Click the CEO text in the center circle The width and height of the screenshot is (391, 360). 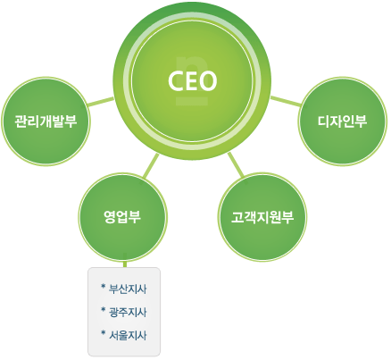[192, 80]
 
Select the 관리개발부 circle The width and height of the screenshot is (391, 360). [46, 121]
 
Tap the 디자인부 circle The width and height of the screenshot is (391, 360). [343, 121]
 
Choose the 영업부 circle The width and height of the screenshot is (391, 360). [122, 217]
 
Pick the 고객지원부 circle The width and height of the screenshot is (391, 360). [262, 217]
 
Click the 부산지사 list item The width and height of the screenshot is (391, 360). [128, 289]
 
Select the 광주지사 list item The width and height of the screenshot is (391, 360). [128, 312]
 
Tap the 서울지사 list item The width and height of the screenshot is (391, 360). [128, 335]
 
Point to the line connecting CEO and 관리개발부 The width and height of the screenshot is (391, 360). [101, 101]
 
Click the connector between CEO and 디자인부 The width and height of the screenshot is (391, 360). [286, 101]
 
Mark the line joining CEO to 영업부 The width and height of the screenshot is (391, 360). [151, 166]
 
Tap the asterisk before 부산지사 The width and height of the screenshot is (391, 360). [104, 287]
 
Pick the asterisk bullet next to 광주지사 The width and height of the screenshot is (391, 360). [104, 310]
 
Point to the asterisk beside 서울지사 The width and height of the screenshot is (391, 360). [104, 333]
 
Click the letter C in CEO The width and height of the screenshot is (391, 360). [176, 80]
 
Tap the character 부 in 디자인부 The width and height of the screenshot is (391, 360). [361, 121]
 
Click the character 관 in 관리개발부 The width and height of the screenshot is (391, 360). [21, 121]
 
